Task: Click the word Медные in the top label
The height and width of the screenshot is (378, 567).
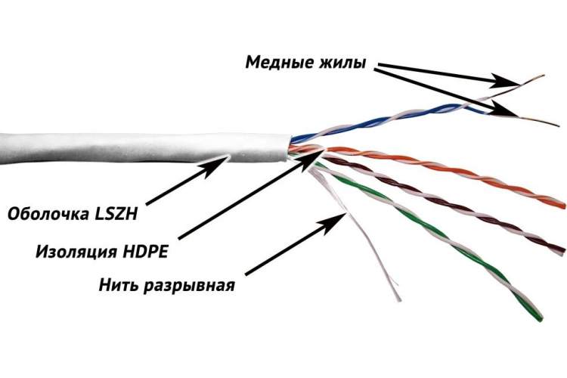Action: click(278, 62)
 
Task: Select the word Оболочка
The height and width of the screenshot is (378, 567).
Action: click(48, 213)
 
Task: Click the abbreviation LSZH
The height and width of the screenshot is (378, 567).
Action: click(116, 213)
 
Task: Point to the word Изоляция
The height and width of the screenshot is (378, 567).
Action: click(76, 251)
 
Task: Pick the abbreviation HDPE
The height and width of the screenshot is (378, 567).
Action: click(145, 252)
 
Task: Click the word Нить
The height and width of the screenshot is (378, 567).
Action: click(119, 285)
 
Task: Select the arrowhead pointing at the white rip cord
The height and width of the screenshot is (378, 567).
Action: click(333, 222)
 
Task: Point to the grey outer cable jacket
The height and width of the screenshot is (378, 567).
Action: click(144, 149)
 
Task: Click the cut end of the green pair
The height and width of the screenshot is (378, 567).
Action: click(541, 318)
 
